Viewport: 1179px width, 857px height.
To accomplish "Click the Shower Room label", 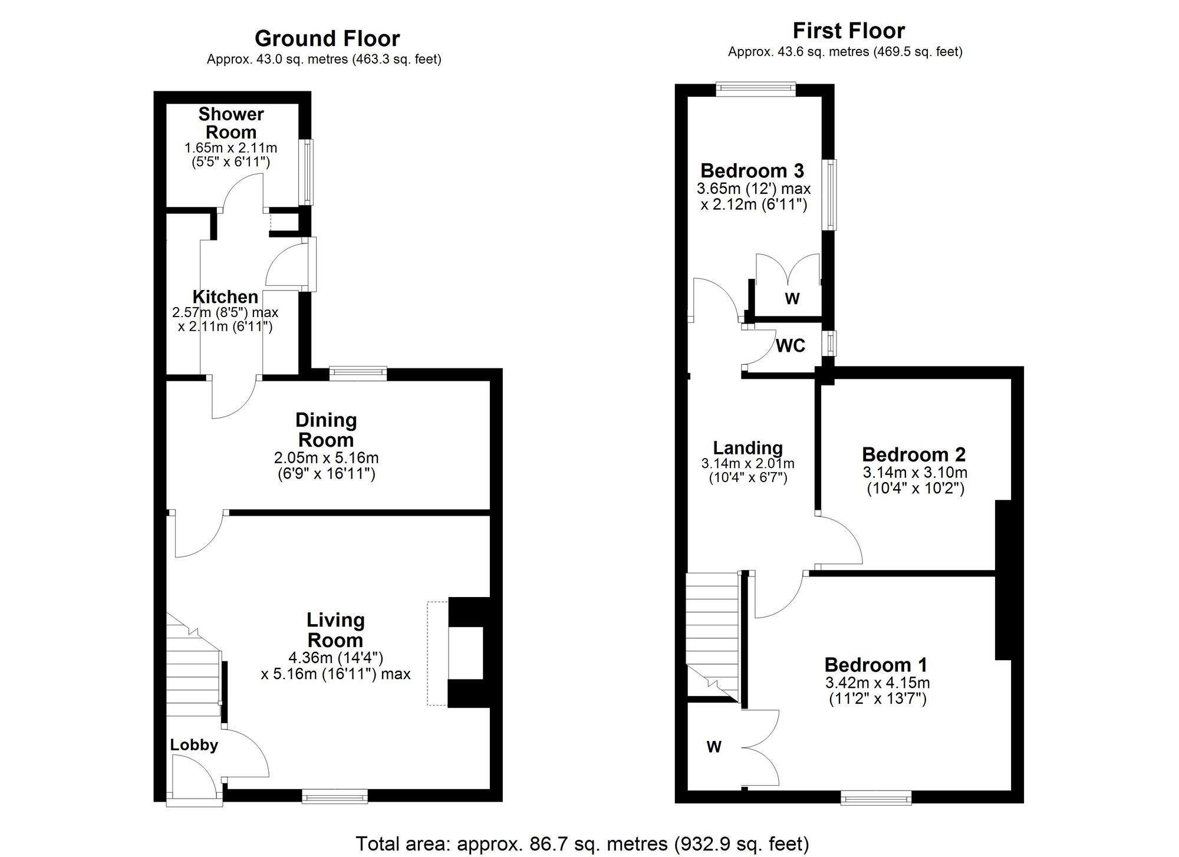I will tap(230, 123).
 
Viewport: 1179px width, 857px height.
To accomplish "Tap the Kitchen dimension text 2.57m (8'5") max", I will tap(225, 312).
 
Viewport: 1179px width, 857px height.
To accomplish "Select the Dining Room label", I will tap(326, 430).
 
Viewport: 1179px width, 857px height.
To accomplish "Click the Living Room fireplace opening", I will tap(466, 653).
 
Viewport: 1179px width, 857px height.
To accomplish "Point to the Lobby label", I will tap(194, 745).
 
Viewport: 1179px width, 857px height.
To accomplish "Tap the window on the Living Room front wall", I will tap(335, 797).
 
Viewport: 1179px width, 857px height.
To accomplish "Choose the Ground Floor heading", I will tap(327, 39).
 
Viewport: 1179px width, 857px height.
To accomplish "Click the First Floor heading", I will tap(848, 31).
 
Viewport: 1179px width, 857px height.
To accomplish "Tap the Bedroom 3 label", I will tap(752, 171).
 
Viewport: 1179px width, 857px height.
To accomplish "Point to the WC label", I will tap(790, 346).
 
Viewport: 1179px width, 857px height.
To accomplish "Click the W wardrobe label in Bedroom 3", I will tap(792, 299).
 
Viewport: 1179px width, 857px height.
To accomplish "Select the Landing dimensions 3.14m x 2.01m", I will tap(747, 464).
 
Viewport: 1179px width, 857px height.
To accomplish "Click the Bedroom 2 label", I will tap(914, 454).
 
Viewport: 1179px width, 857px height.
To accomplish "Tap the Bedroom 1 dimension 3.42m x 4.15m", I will tap(877, 683).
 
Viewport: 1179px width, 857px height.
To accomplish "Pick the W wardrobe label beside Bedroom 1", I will tap(714, 747).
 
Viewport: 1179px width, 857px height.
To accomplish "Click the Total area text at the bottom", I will tap(582, 844).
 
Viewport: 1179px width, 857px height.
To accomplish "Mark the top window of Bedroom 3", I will tap(756, 89).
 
